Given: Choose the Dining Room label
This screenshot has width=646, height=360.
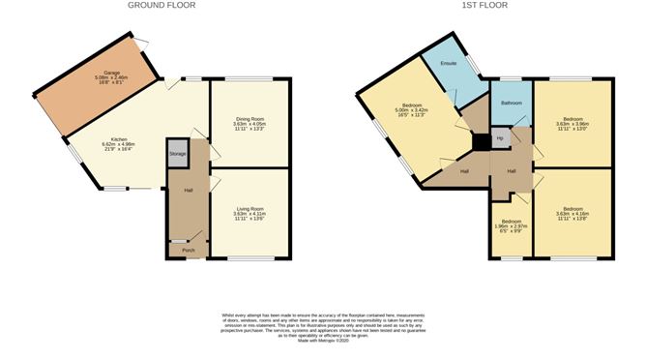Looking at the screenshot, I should (x=249, y=118).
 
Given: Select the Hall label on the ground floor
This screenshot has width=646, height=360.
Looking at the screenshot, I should (x=189, y=189).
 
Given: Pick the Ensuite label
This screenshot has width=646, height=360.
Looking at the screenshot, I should (x=448, y=64).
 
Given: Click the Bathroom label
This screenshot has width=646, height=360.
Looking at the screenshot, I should (x=511, y=103).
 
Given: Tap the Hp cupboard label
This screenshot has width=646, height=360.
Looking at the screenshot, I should (x=500, y=138).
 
